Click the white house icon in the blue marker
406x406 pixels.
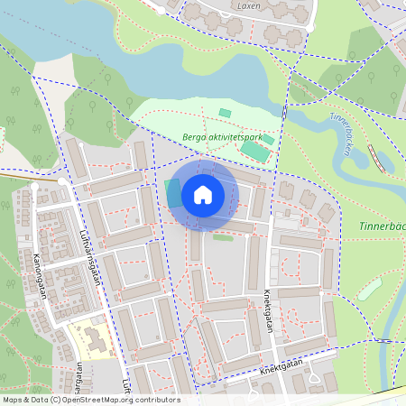[x=203, y=194]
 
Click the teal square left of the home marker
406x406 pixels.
[x=171, y=192]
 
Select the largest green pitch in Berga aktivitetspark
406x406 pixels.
[x=254, y=151]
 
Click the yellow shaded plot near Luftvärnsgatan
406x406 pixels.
[x=90, y=338]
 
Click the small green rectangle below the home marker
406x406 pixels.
[x=222, y=237]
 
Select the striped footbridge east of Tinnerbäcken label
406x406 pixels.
[x=377, y=159]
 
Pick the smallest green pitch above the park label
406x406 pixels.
[x=225, y=113]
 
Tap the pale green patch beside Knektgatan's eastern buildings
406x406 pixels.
[x=368, y=290]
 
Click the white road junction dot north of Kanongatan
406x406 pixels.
[x=34, y=187]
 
